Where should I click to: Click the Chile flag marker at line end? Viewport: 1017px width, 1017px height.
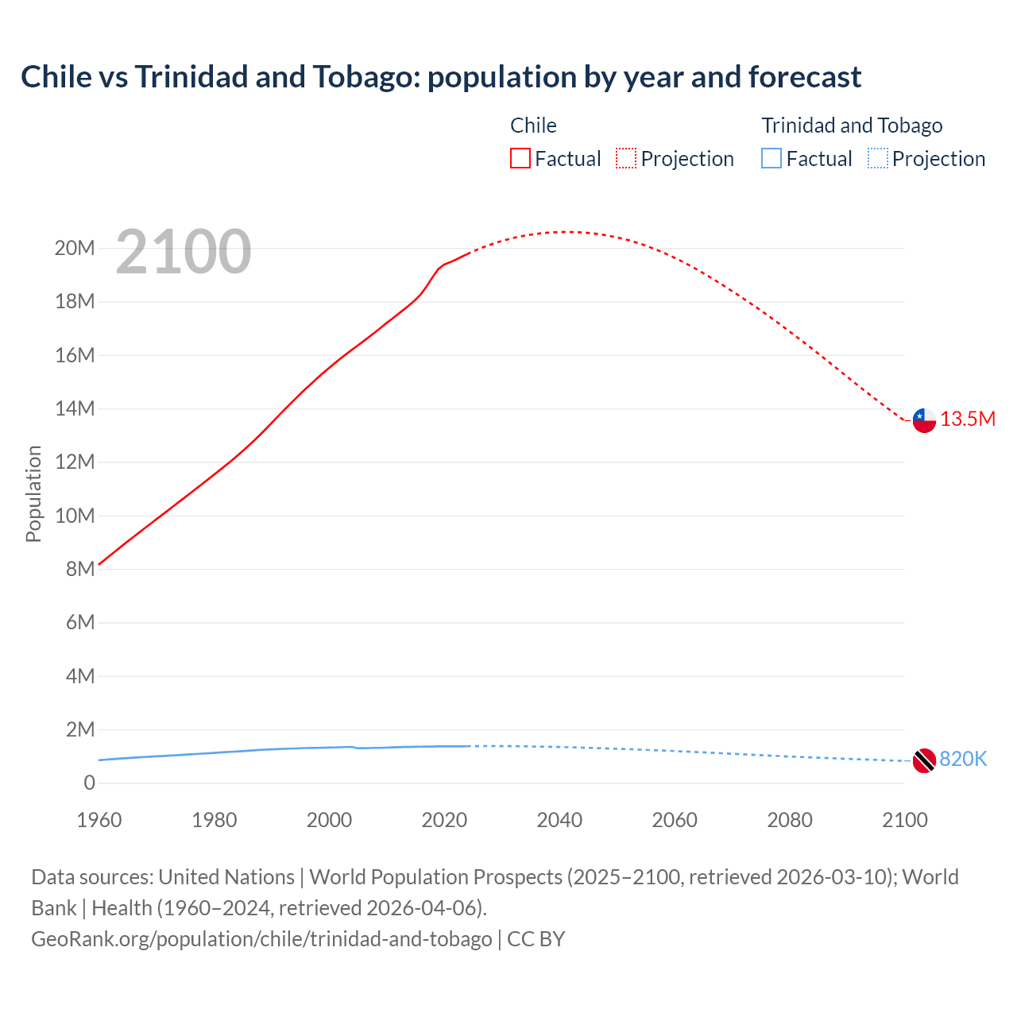(924, 420)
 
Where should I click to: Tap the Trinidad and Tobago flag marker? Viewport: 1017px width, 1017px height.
(924, 760)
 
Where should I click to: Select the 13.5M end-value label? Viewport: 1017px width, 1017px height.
(968, 420)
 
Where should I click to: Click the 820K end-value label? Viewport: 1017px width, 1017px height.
(963, 760)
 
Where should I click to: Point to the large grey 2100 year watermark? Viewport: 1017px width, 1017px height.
(184, 252)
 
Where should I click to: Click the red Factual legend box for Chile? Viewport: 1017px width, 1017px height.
(520, 159)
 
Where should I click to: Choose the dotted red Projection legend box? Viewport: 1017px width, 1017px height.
(626, 159)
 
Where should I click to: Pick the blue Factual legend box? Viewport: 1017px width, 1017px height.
(771, 159)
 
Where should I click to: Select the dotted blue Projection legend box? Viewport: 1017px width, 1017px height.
(878, 159)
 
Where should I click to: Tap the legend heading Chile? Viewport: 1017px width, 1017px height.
(533, 126)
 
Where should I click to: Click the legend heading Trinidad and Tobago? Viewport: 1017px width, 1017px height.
(852, 126)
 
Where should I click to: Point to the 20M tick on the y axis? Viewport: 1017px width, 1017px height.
(75, 249)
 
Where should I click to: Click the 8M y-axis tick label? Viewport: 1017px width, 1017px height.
(80, 569)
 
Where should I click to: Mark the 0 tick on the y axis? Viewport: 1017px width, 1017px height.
(89, 783)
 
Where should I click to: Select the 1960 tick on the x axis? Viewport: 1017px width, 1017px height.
(99, 820)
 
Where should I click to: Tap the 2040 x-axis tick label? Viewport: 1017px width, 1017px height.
(559, 820)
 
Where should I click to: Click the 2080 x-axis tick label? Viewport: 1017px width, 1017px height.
(790, 820)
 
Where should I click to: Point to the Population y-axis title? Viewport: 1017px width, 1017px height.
(33, 493)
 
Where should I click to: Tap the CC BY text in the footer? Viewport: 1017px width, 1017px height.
(536, 939)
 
